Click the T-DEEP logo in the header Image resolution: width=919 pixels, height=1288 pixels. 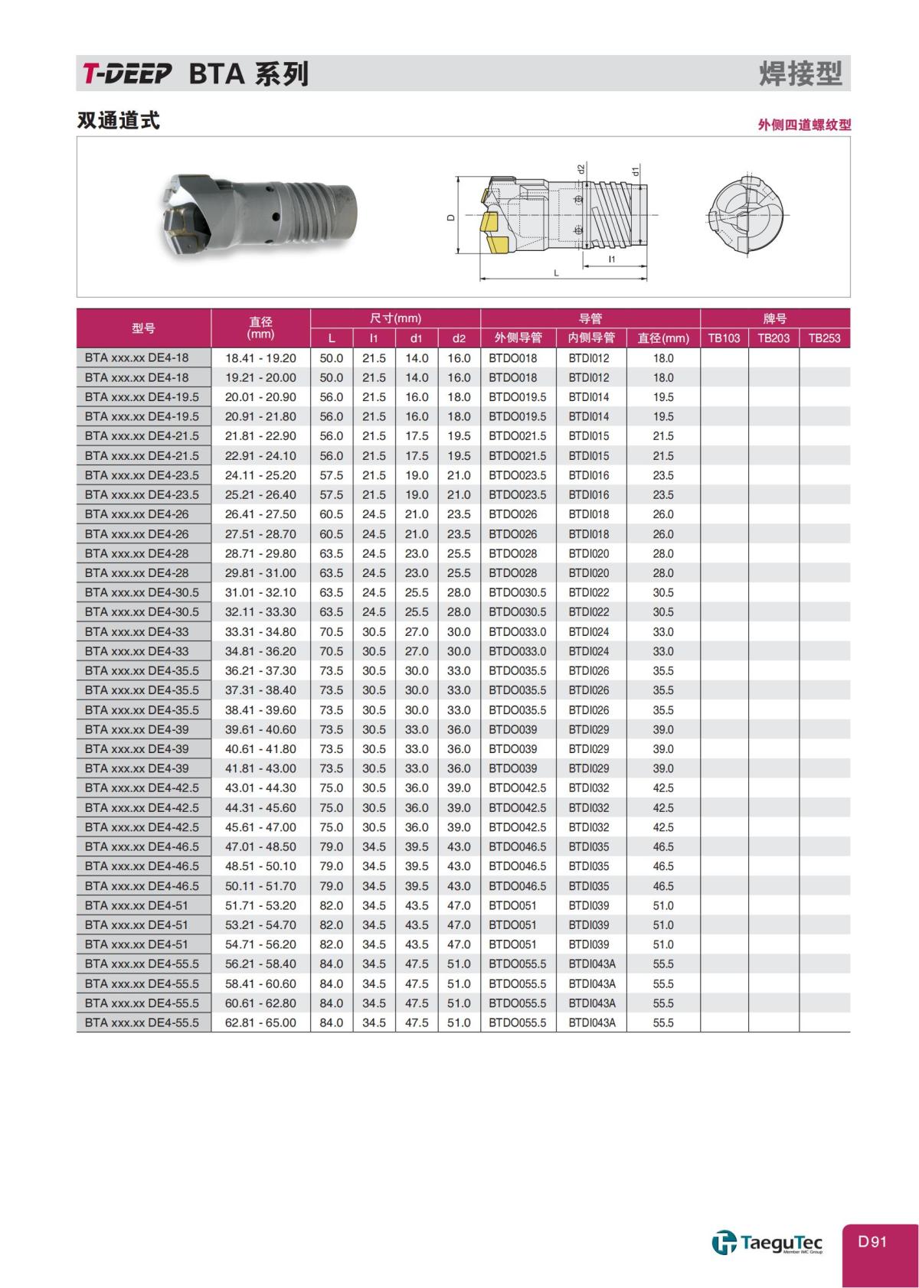point(127,74)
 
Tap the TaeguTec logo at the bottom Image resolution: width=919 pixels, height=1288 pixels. point(767,1243)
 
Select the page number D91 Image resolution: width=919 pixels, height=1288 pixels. point(872,1241)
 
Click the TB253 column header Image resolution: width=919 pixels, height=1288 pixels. point(824,338)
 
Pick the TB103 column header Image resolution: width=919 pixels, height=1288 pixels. point(724,338)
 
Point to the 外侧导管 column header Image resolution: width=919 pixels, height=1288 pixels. point(518,338)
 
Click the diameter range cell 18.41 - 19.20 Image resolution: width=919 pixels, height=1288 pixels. point(260,358)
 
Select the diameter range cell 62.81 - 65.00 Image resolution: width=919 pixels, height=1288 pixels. point(260,1023)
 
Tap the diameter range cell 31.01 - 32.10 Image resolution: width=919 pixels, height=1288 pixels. point(260,593)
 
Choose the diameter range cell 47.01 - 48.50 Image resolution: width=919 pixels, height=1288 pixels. point(260,847)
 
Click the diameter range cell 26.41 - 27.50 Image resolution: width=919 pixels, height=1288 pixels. point(260,514)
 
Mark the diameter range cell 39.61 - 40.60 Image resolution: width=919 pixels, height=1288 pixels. point(260,729)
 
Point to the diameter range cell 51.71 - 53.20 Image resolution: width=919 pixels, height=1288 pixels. point(260,905)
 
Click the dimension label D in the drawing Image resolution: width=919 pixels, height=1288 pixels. point(451,217)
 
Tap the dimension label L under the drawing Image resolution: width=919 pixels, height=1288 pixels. point(556,273)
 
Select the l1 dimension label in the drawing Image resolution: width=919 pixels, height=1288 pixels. point(611,260)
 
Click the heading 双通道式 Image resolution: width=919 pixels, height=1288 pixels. point(119,121)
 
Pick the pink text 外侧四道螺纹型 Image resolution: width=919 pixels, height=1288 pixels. point(804,125)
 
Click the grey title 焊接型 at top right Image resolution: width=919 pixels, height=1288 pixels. point(800,74)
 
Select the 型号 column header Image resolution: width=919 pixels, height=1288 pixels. point(143,328)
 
